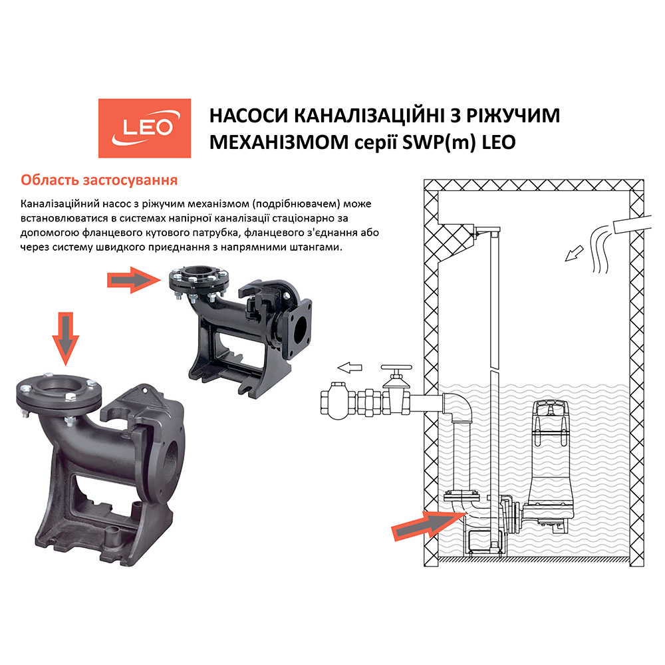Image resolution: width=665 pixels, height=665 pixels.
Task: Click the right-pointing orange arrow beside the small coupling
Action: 134,279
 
